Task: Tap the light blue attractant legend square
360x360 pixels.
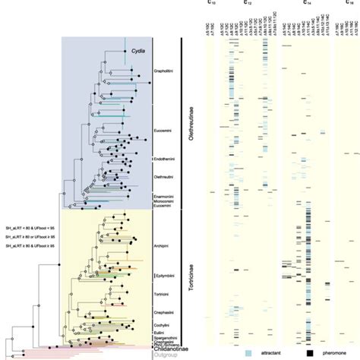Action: (x=248, y=353)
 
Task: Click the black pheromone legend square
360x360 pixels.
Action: (x=311, y=353)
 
